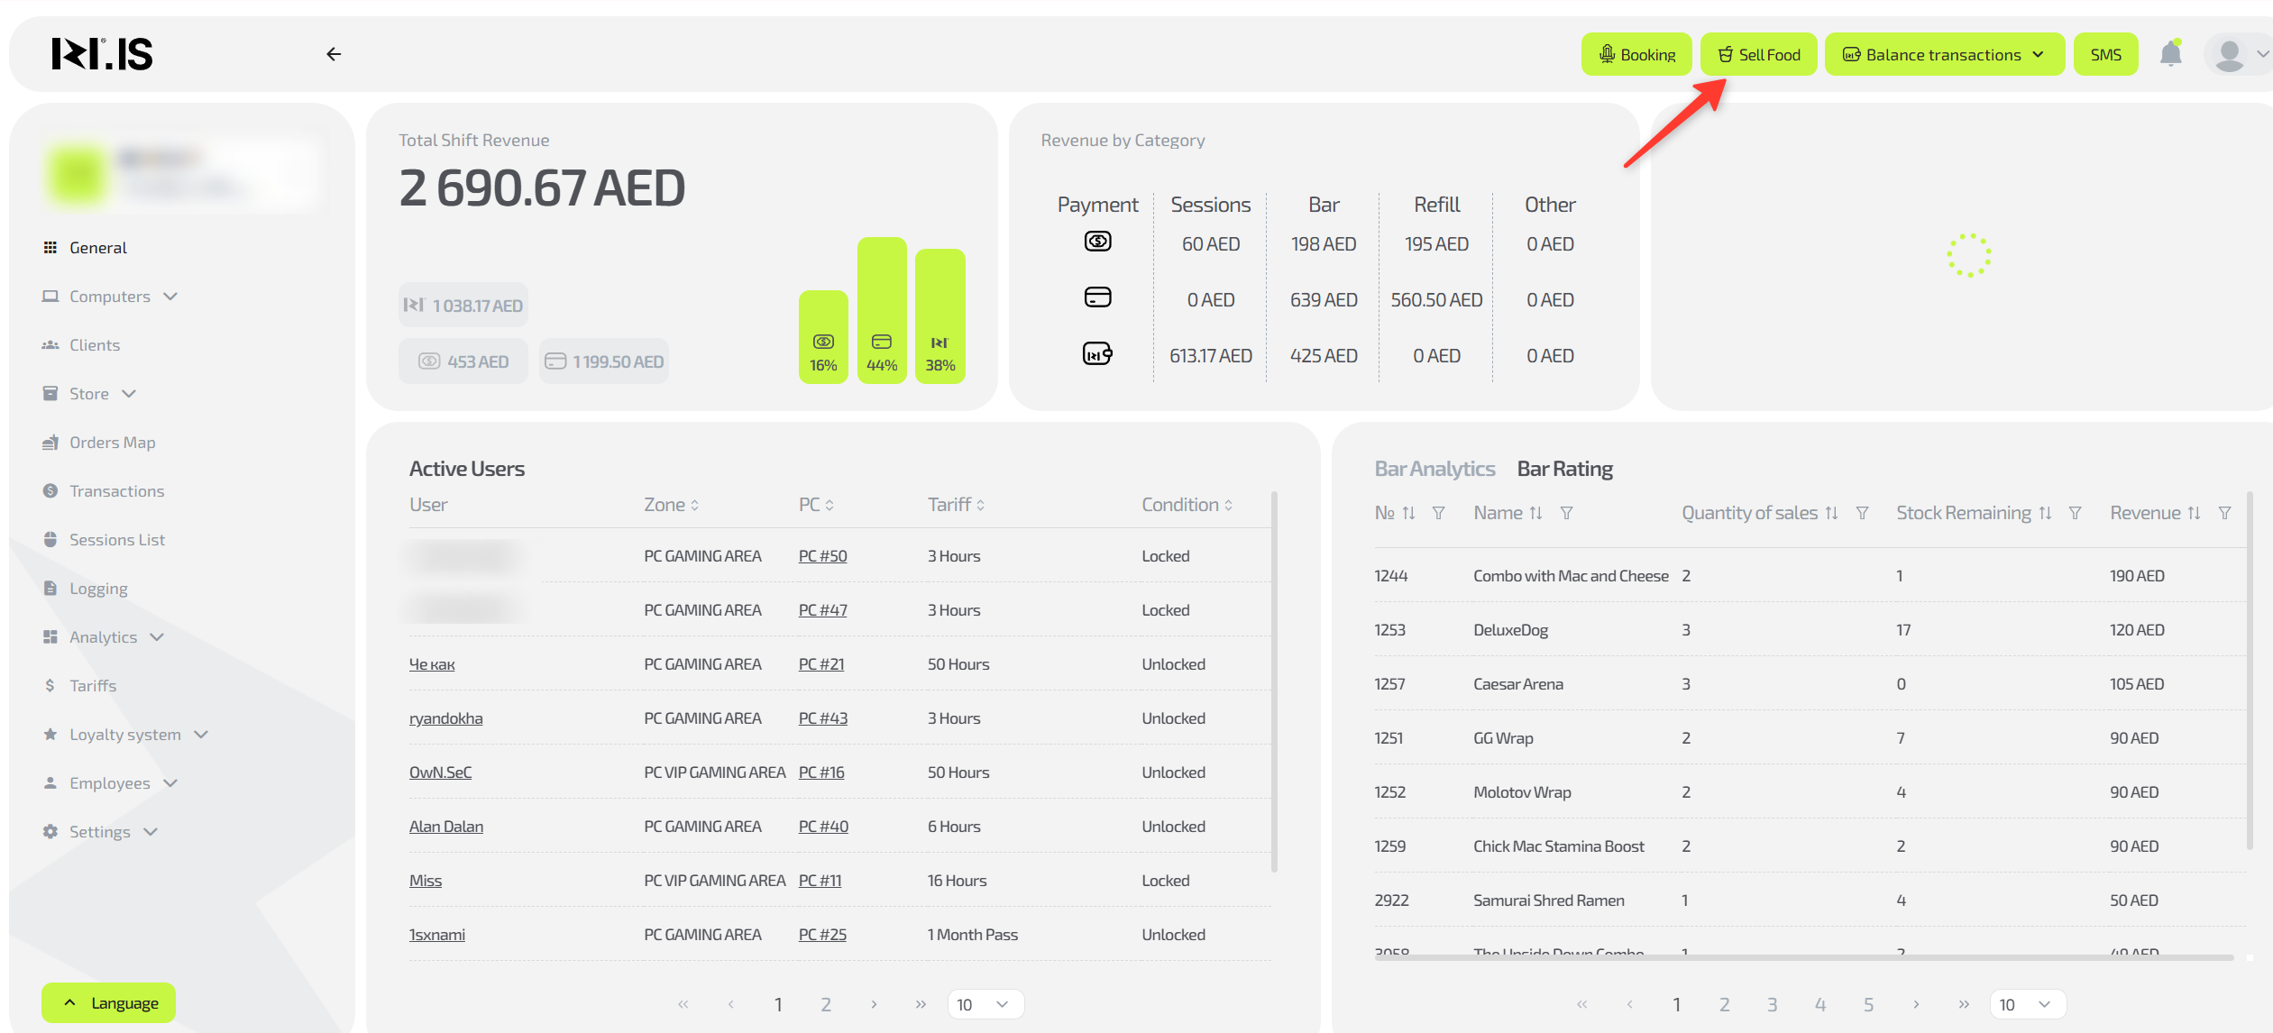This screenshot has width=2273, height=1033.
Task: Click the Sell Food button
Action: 1758,55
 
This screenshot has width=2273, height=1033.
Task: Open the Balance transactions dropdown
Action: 1944,55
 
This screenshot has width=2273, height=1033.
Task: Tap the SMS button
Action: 2105,55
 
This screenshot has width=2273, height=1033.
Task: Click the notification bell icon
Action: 2170,55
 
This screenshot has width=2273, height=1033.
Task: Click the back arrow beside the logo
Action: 334,55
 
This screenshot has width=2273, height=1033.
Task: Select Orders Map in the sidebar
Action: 112,443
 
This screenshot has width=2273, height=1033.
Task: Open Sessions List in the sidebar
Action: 116,540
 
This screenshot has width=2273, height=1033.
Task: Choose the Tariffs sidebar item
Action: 93,686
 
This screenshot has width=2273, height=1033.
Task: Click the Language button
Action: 109,1003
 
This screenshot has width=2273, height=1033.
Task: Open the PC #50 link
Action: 822,556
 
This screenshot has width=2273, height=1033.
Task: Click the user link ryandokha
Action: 445,718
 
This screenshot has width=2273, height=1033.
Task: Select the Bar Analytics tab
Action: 1434,469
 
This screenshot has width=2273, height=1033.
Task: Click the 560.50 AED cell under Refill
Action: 1436,300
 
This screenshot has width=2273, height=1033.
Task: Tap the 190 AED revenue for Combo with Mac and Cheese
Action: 2136,576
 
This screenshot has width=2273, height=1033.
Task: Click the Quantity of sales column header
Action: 1749,513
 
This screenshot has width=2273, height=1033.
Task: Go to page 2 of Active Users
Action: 825,1004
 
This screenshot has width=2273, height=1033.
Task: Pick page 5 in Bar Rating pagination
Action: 1868,1004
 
